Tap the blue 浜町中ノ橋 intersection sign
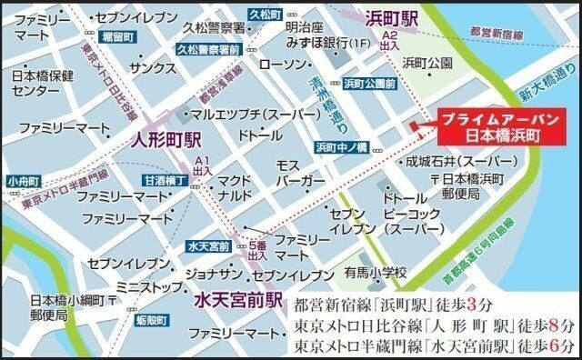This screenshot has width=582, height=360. tap(341, 146)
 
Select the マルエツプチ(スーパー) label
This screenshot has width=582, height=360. tap(236, 115)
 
